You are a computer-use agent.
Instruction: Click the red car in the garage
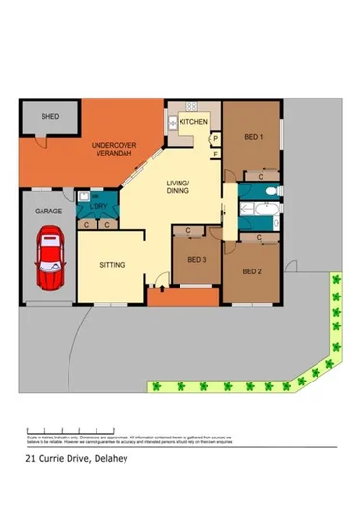[x=51, y=260]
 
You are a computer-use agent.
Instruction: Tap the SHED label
[x=49, y=116]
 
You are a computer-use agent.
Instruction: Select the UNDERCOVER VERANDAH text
[x=113, y=150]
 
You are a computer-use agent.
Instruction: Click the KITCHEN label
[x=193, y=123]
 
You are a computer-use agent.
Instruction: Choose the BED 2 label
[x=253, y=269]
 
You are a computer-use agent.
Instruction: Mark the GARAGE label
[x=49, y=210]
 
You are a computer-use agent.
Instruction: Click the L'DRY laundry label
[x=97, y=208]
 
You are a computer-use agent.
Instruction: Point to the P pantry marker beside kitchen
[x=216, y=139]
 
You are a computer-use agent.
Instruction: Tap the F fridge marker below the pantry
[x=216, y=154]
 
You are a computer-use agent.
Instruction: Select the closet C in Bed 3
[x=187, y=231]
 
